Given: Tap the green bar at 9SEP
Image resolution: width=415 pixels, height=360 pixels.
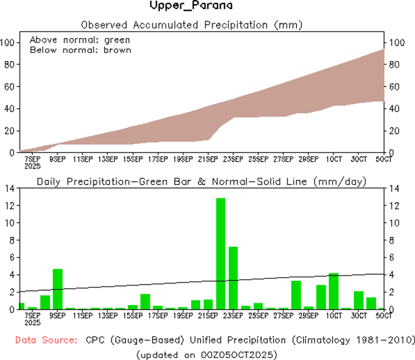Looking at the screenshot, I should click(x=57, y=289).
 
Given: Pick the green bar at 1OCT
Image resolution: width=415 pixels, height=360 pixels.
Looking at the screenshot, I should click(x=334, y=291).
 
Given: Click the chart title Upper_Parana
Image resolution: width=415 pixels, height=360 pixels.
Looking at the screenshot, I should click(x=191, y=6).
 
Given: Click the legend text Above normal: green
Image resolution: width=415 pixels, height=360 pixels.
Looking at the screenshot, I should click(x=80, y=40).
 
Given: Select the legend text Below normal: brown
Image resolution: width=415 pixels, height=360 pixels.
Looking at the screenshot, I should click(x=80, y=50).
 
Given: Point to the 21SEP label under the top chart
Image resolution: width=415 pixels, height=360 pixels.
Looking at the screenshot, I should click(x=207, y=159).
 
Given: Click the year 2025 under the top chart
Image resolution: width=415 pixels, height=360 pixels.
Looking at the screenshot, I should click(x=33, y=166).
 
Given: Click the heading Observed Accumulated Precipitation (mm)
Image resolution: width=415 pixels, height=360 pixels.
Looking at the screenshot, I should click(x=191, y=24).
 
